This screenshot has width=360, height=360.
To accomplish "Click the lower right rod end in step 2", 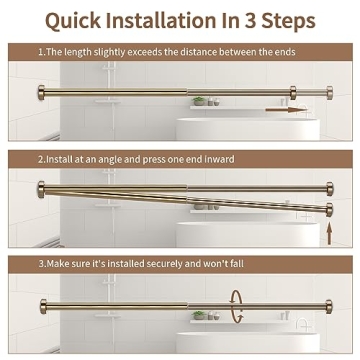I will coord(329,208).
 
